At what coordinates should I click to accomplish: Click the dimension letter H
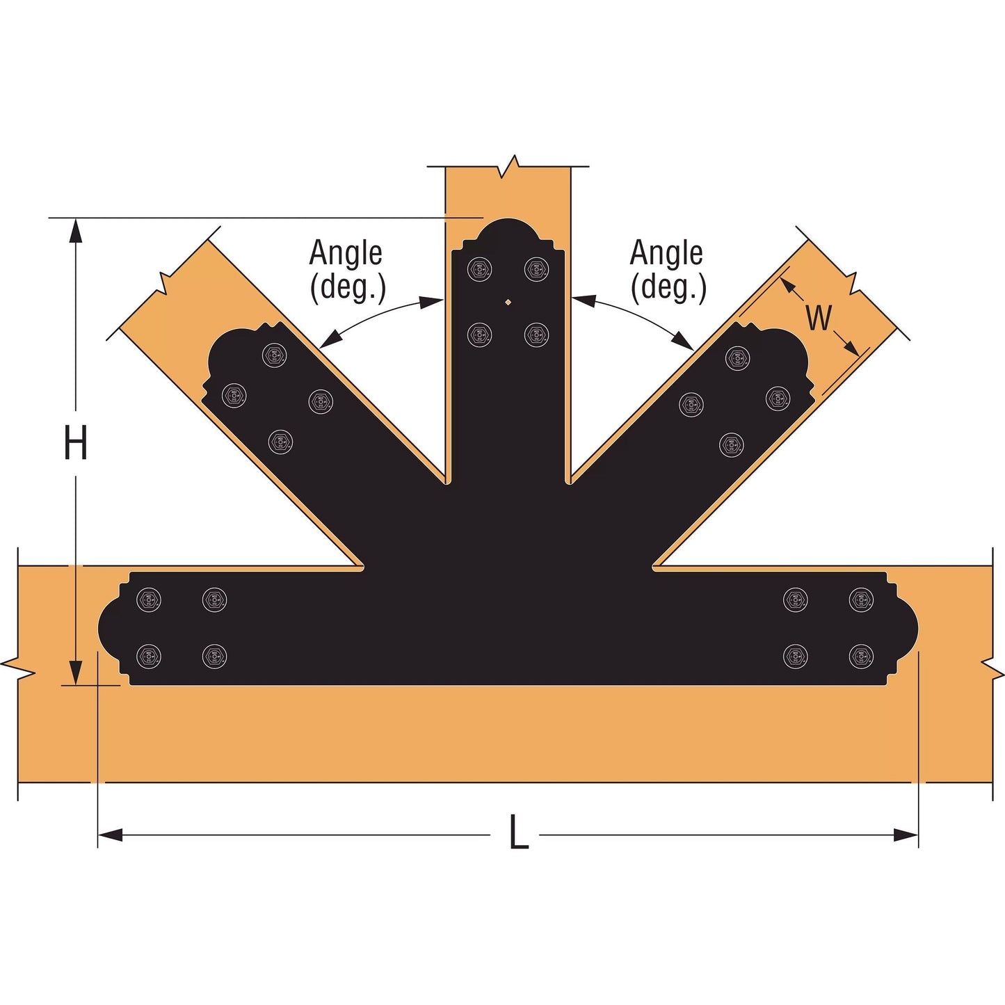click(75, 443)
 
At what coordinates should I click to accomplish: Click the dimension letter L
click(518, 833)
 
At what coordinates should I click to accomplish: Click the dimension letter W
click(819, 318)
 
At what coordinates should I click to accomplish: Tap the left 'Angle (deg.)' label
click(346, 270)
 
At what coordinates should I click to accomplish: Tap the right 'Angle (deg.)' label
click(667, 270)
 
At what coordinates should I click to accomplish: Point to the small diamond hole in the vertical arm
click(508, 302)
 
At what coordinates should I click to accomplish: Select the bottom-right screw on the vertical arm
click(536, 335)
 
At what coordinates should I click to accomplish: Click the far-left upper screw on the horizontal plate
click(149, 600)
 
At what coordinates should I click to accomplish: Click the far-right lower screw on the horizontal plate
click(861, 656)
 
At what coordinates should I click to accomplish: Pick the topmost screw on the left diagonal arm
click(274, 355)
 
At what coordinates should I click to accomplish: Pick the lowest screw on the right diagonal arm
click(731, 444)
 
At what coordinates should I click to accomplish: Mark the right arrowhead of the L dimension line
click(907, 835)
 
